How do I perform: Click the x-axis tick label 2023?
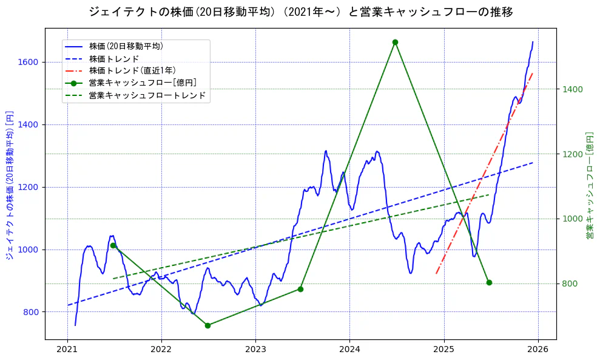pos(255,350)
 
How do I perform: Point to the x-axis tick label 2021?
pos(67,350)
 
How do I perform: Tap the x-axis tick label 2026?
pos(538,350)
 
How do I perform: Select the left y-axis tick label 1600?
pos(29,62)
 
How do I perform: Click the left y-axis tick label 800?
pos(32,312)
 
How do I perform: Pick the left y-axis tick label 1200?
pos(29,187)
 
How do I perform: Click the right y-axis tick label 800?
pos(570,284)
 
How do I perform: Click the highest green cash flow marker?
pos(395,42)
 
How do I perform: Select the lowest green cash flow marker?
pos(207,325)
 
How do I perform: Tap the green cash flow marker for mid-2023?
pos(300,289)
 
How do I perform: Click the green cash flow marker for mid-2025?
pos(489,282)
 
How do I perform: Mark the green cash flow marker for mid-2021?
pos(113,245)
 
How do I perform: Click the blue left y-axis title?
pos(9,185)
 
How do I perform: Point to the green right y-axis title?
pos(589,185)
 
